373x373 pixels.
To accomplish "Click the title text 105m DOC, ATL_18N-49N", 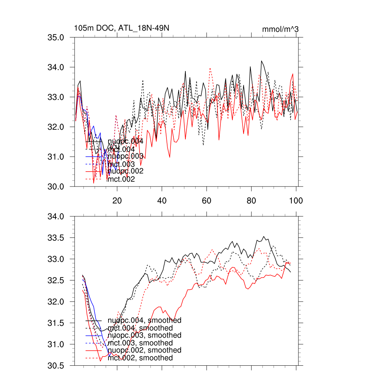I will tap(121, 28).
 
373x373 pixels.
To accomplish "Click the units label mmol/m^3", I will tap(280, 29).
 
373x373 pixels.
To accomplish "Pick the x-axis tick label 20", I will tap(117, 201).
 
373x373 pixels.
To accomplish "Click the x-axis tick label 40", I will tap(162, 201).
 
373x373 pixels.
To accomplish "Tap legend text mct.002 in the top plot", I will tap(121, 179).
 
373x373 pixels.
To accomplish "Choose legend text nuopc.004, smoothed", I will tap(145, 321).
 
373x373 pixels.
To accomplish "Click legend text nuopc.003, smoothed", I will tap(145, 335).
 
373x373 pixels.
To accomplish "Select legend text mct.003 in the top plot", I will tap(121, 164).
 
